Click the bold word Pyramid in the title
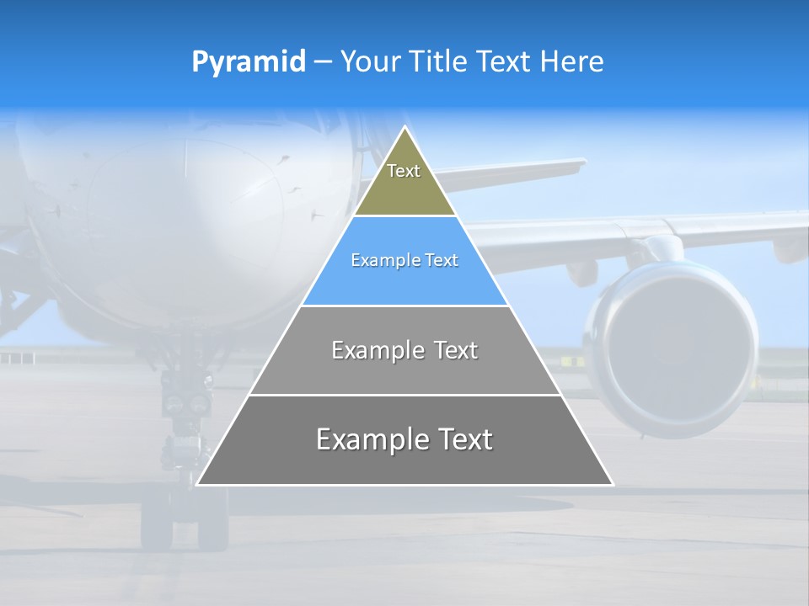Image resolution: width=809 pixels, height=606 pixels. click(249, 62)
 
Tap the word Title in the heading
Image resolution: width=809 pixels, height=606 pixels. click(438, 62)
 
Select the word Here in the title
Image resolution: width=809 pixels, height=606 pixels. click(571, 62)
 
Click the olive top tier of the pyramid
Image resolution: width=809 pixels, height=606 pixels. click(404, 181)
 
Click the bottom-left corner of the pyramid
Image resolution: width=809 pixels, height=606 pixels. click(197, 484)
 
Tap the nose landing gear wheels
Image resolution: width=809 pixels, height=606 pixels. click(184, 522)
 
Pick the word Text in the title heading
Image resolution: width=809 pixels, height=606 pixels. click(504, 62)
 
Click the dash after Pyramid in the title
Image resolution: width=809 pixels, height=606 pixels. click(323, 62)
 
